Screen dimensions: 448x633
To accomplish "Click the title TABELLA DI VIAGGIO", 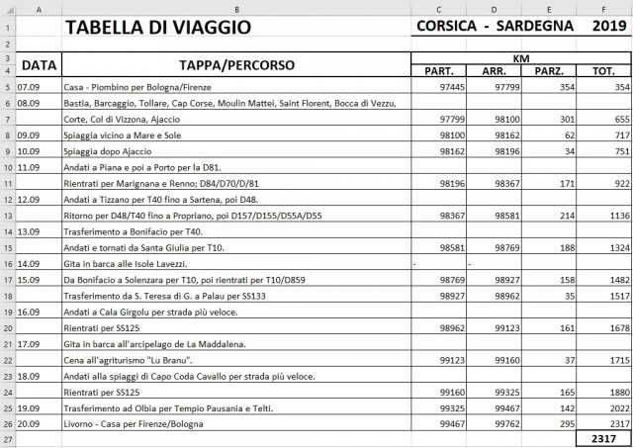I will (157, 27).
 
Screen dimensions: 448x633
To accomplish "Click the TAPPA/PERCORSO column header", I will (236, 66).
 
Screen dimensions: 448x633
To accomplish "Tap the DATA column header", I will (39, 66).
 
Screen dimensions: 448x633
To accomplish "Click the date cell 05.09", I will (28, 87).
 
